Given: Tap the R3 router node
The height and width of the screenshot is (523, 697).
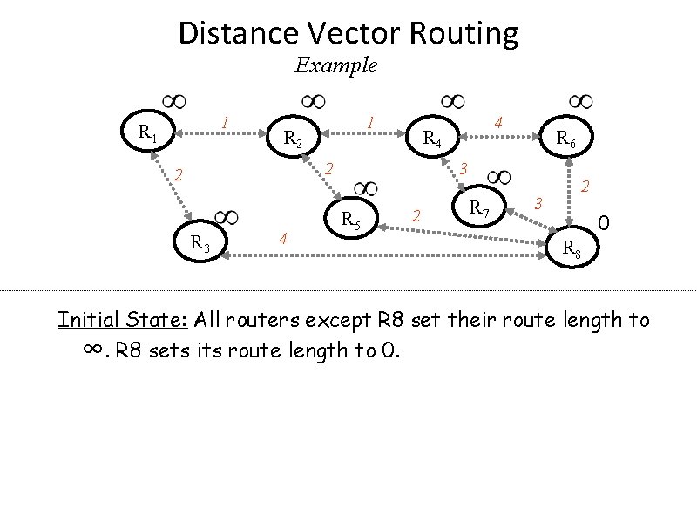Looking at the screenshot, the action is coord(200,241).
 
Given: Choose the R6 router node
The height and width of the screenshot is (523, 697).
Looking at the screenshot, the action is coord(565,138).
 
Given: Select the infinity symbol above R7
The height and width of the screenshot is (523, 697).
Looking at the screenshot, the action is coord(501,178).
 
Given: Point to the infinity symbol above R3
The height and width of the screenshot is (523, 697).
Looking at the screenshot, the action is coord(227,216).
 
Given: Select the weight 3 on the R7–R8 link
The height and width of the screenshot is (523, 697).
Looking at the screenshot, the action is coord(538,203).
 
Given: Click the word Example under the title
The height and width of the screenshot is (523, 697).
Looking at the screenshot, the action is coord(335,65).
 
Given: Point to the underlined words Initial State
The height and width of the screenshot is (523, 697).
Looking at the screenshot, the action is coord(124,320).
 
